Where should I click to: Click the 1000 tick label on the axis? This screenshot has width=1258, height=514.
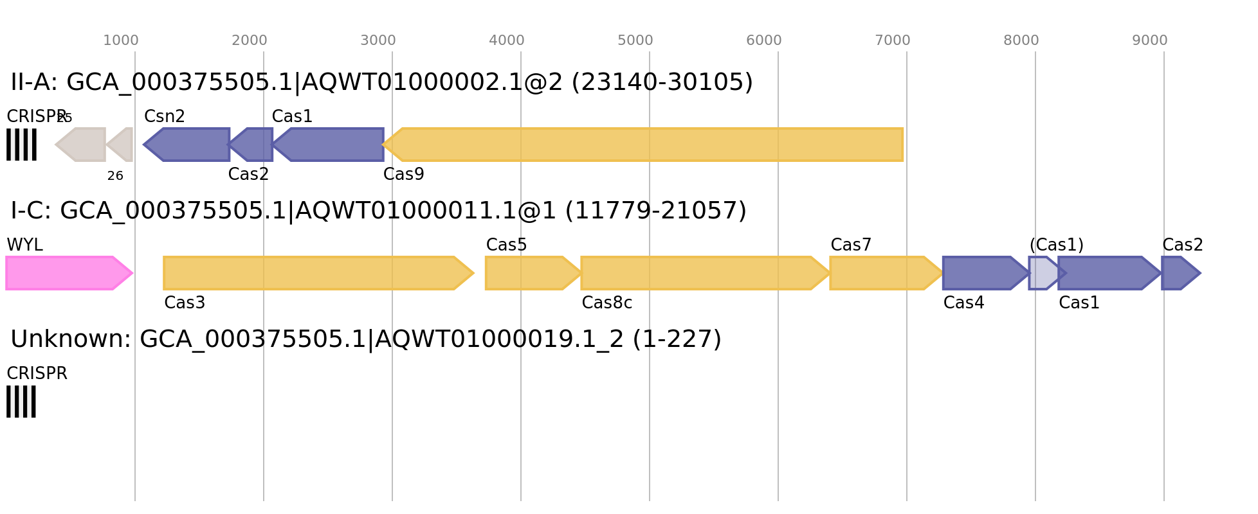[x=121, y=40]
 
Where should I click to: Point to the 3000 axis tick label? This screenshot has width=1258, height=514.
[x=378, y=40]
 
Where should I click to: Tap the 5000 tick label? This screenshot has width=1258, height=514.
[x=635, y=40]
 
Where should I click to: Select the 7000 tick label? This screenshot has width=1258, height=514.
[x=893, y=40]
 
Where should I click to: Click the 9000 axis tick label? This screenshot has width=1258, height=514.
[x=1150, y=40]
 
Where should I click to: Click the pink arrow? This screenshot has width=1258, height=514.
[x=64, y=273]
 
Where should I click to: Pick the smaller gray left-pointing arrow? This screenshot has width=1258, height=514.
[x=122, y=145]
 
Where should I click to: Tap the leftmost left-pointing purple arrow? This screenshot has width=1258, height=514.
[x=190, y=145]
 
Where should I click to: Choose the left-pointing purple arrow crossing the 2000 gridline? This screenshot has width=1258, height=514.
[x=254, y=145]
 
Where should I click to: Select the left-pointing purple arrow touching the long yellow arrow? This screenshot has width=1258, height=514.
[x=331, y=145]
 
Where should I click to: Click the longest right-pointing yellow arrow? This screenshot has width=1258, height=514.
[x=315, y=273]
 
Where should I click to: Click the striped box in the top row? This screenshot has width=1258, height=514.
[x=21, y=145]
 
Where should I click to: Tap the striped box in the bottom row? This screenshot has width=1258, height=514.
[x=21, y=402]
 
